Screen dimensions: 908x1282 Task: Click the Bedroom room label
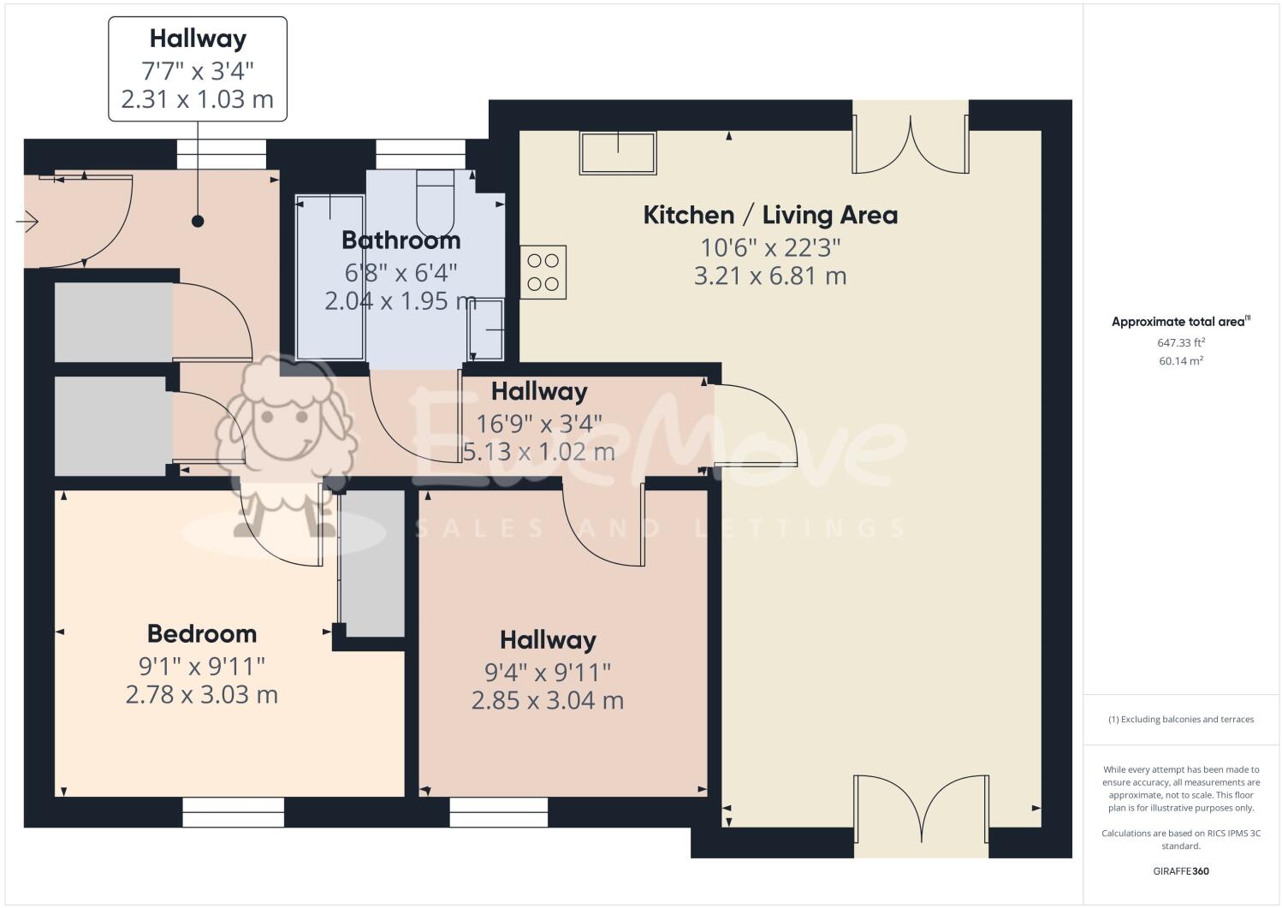click(x=202, y=633)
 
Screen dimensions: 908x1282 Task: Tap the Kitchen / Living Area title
click(x=770, y=215)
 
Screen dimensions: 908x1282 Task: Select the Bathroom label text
click(x=401, y=240)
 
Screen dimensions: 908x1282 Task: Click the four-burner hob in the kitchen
click(x=543, y=272)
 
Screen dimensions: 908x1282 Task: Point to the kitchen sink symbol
click(x=618, y=153)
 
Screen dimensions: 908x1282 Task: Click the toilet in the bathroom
click(x=435, y=195)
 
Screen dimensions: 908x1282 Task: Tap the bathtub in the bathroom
click(x=329, y=276)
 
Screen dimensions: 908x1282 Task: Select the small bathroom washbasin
click(x=486, y=329)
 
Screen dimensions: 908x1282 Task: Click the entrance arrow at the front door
click(x=27, y=223)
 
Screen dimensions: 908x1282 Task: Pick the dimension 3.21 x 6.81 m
click(x=770, y=276)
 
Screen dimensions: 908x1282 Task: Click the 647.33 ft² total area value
click(x=1181, y=342)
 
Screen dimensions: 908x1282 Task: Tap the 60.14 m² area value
click(x=1181, y=361)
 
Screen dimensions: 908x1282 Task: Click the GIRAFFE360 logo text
click(x=1181, y=872)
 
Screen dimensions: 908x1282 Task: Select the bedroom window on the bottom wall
click(x=233, y=812)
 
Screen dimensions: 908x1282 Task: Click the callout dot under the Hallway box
click(x=198, y=222)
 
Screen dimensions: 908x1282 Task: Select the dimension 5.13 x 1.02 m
click(x=539, y=451)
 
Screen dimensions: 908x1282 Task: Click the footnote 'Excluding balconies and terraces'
click(x=1181, y=719)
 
